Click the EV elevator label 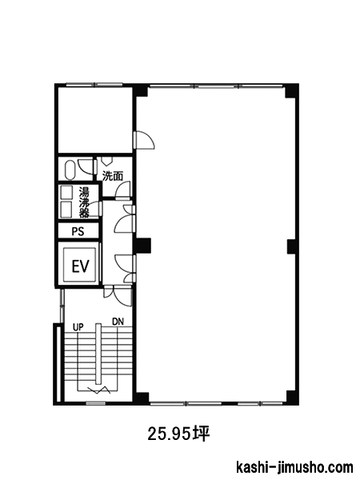[x=81, y=266]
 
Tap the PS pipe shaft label [x=78, y=231]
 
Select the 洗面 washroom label [x=113, y=176]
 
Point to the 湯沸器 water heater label [x=84, y=202]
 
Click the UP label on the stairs [x=78, y=327]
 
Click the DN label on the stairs [x=118, y=322]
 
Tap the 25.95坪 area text [x=178, y=434]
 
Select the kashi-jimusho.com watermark [x=294, y=467]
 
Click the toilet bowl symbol [x=70, y=170]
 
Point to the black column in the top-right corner [x=291, y=91]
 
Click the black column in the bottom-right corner [x=292, y=398]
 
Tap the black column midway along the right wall [x=292, y=246]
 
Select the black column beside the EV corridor [x=143, y=246]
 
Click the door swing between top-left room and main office [x=144, y=140]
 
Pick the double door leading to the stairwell [x=118, y=296]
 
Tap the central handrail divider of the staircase [x=98, y=354]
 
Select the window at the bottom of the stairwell [x=95, y=403]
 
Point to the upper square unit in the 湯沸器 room [x=66, y=192]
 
